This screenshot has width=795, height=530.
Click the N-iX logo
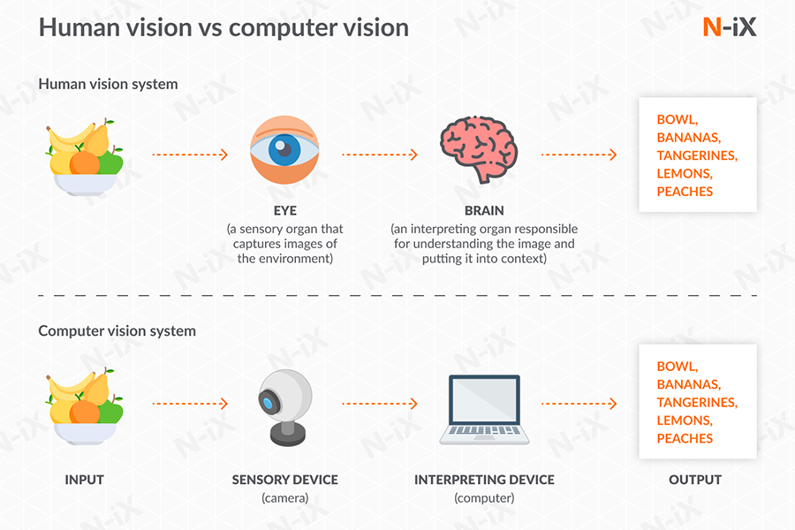click(x=729, y=27)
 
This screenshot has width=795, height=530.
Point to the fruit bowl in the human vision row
click(x=84, y=157)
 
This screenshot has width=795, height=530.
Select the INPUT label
click(x=84, y=480)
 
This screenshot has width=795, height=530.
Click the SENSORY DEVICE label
click(x=284, y=480)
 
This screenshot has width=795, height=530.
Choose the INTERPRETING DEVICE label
click(x=484, y=480)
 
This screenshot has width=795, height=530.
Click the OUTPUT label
click(x=697, y=480)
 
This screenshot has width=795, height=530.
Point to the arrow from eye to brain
click(x=380, y=155)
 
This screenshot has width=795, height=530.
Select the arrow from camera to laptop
click(x=380, y=404)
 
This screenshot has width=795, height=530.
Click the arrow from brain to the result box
click(x=579, y=155)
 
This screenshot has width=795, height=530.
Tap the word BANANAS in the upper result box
click(x=688, y=137)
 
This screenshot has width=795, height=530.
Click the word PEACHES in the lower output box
click(x=685, y=438)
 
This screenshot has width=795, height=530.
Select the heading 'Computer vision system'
click(x=117, y=331)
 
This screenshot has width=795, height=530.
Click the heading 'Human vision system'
click(x=108, y=85)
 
